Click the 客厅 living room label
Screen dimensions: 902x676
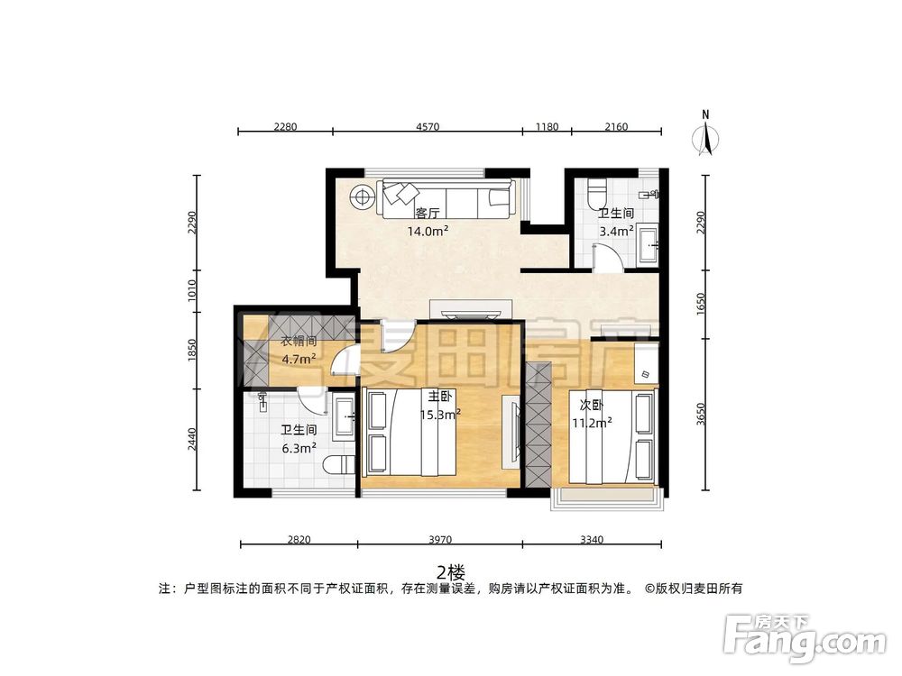(x=428, y=214)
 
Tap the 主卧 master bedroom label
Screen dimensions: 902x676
(x=439, y=396)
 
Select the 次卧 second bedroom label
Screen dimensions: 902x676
(x=592, y=406)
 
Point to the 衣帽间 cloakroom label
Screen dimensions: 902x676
(x=299, y=341)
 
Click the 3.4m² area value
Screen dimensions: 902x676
(x=617, y=231)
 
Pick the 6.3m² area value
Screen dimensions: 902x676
(x=299, y=448)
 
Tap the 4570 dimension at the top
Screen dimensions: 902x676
(x=428, y=126)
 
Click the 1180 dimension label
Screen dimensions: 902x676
(x=548, y=126)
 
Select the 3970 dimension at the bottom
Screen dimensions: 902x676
(x=440, y=539)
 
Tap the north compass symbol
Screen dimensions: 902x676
(x=705, y=133)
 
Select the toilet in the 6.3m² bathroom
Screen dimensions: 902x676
(x=338, y=464)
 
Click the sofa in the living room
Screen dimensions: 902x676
(x=446, y=199)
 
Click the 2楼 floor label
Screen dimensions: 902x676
(x=450, y=572)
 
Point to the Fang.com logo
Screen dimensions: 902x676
(x=805, y=639)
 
